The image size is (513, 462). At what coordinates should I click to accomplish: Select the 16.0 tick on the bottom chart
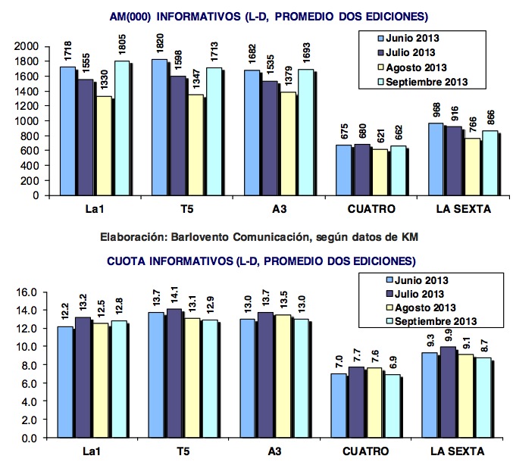tap(27, 292)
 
